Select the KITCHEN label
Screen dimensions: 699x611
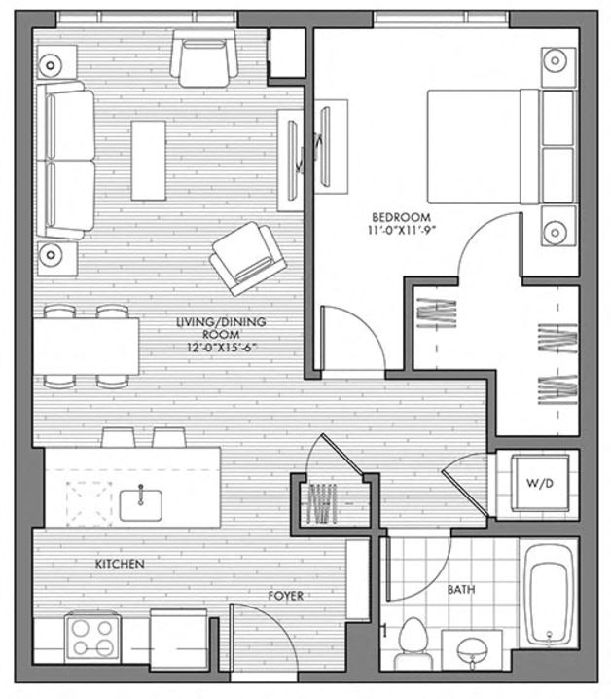[120, 564]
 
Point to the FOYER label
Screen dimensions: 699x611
[286, 595]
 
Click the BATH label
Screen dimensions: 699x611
[461, 590]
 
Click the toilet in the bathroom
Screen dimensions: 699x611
[412, 638]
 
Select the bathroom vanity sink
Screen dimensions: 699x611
[472, 648]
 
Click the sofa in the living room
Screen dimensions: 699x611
[66, 162]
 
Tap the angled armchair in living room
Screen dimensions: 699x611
[248, 257]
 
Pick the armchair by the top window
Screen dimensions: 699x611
[204, 56]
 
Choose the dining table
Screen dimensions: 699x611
[86, 347]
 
